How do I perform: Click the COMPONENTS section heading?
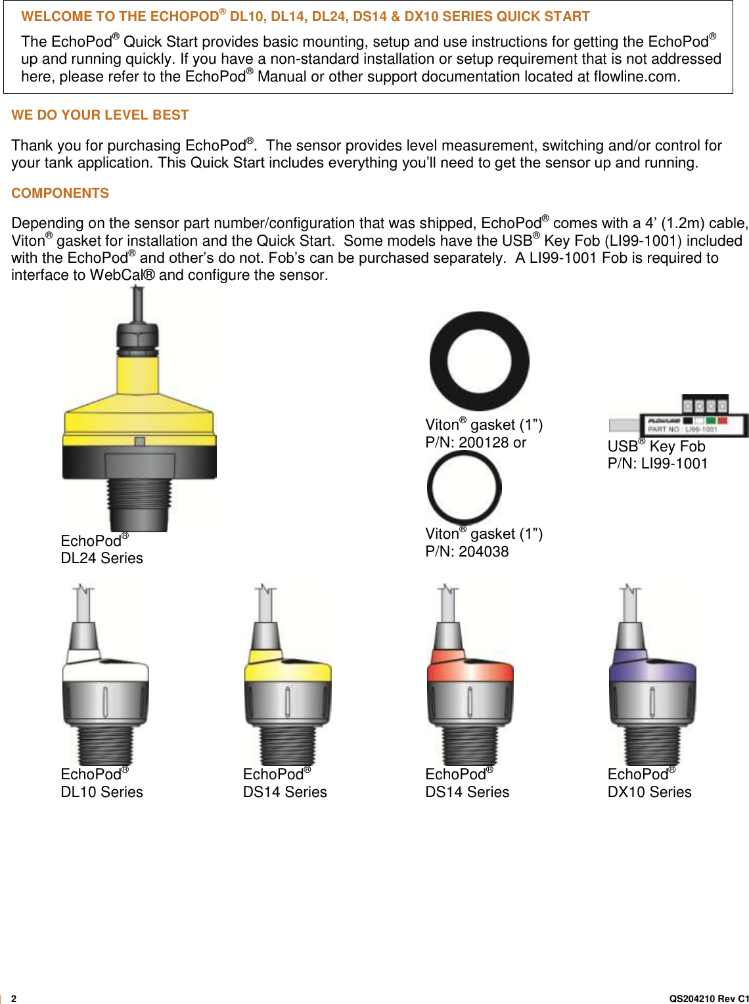60,193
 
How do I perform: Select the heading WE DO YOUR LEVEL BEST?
100,115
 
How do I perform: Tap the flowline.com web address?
635,76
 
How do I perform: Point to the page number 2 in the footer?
14,998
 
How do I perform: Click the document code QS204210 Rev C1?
708,998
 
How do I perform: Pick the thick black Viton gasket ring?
479,361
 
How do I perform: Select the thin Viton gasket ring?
465,487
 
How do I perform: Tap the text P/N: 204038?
466,551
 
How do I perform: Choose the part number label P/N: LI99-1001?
657,463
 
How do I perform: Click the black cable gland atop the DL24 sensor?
139,336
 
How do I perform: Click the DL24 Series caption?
102,558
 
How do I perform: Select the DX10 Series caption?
649,792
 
